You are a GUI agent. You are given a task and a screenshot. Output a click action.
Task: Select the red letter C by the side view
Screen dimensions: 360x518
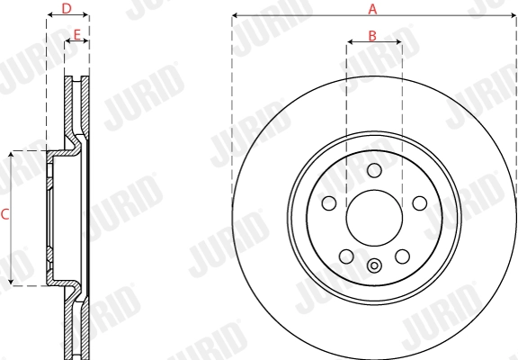[4, 214]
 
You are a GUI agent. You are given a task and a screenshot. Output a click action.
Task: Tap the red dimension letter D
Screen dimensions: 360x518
[67, 8]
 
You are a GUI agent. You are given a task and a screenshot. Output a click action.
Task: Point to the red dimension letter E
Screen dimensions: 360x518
[77, 36]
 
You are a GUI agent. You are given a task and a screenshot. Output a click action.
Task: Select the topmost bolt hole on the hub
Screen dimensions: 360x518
[375, 171]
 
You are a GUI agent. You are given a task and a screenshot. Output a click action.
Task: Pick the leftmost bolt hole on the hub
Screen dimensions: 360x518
[329, 203]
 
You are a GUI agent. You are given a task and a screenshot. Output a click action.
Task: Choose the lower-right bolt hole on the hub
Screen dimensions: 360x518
[403, 257]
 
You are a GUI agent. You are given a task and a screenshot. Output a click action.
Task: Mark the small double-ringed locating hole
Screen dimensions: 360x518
[374, 265]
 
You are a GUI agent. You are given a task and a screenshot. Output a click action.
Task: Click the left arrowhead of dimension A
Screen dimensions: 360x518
[235, 15]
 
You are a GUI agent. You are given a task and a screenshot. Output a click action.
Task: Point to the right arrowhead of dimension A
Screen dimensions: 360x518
[514, 15]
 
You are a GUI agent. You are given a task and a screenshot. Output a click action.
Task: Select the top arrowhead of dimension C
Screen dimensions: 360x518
[11, 154]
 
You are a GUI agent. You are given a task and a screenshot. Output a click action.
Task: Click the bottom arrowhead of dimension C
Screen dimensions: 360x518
[11, 283]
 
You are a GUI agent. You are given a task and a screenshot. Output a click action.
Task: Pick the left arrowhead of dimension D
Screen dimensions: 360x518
[49, 15]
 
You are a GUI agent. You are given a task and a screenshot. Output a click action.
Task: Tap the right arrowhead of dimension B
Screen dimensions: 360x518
[398, 43]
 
